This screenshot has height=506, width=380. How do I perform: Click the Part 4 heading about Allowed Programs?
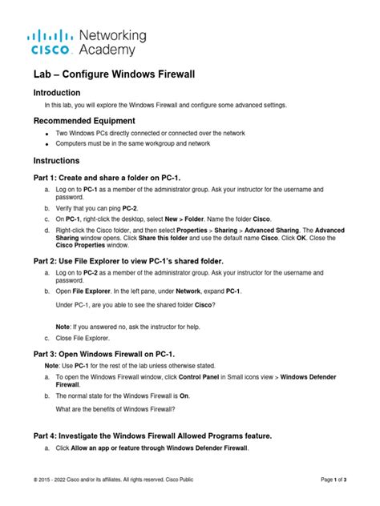point(152,435)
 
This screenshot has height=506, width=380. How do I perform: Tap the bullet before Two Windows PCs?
point(47,133)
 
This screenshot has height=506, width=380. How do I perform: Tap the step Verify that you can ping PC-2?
point(106,207)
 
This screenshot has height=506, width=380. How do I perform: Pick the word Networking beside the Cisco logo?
point(112,36)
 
